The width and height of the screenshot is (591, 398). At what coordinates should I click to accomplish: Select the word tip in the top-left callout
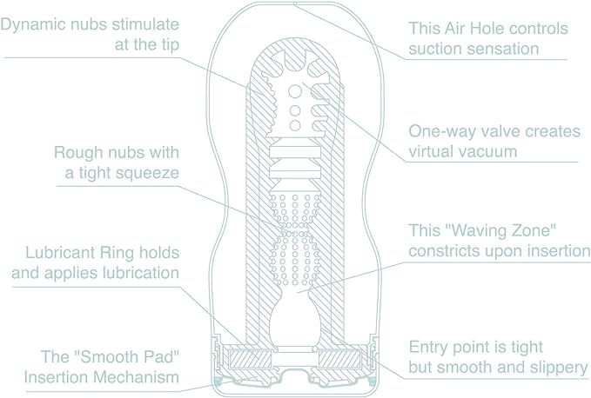168,45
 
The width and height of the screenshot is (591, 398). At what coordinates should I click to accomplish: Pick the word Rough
78,153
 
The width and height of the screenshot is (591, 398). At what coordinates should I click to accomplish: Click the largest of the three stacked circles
295,91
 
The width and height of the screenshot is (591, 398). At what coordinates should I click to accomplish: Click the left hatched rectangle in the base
250,359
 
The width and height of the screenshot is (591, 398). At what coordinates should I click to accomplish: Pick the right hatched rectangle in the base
340,359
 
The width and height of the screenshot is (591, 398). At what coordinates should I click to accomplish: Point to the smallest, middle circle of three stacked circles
295,110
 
